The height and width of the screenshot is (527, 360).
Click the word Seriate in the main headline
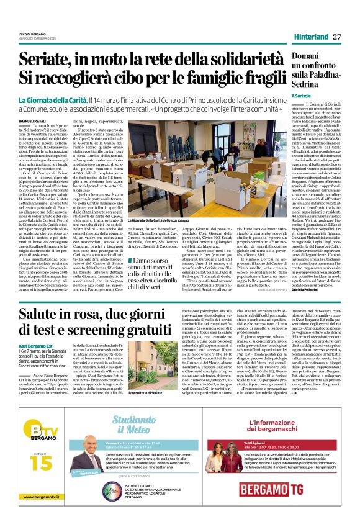point(45,60)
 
